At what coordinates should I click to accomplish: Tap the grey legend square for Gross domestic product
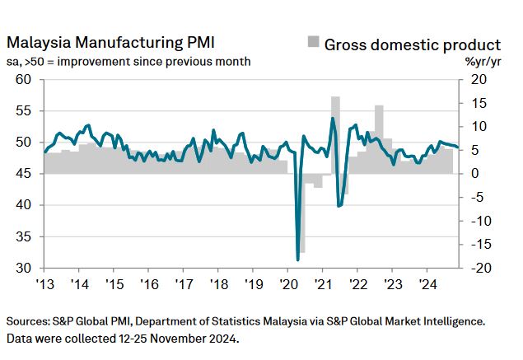click(x=313, y=43)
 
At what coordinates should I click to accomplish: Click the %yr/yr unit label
click(x=481, y=62)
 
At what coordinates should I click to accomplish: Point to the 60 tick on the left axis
click(x=24, y=79)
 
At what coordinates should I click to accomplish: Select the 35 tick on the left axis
click(x=24, y=236)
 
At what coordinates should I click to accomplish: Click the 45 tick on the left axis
click(x=24, y=174)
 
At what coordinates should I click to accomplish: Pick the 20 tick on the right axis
click(x=479, y=79)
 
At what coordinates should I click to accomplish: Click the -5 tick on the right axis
click(x=476, y=198)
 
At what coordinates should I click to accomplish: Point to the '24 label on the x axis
click(x=427, y=284)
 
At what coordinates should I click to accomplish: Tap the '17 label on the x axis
click(x=183, y=284)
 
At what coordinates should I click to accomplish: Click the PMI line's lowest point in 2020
click(x=297, y=259)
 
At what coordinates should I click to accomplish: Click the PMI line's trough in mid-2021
click(x=339, y=205)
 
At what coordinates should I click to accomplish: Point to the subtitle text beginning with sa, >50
click(x=128, y=62)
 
